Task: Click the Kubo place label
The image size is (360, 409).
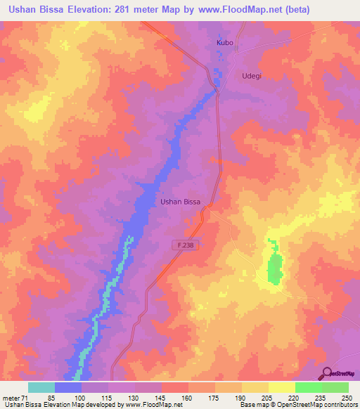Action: pos(224,43)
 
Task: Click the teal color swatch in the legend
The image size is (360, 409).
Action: pos(41,388)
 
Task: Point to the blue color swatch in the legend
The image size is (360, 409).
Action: pos(68,388)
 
